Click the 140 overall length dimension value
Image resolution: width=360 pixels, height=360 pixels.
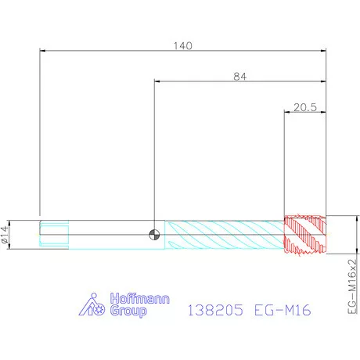(x=183, y=46)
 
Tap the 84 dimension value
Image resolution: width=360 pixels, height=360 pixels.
(x=239, y=77)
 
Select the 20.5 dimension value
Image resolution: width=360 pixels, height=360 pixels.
(x=305, y=107)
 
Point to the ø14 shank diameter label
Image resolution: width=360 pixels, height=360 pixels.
(x=5, y=235)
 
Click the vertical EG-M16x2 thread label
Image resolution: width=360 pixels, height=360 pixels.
(x=352, y=286)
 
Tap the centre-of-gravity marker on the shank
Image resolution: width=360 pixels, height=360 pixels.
(x=154, y=235)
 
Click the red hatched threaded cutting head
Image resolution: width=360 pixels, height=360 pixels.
(x=305, y=235)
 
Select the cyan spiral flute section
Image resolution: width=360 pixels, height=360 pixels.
(x=225, y=235)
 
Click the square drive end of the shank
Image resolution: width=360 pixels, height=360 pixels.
(x=54, y=235)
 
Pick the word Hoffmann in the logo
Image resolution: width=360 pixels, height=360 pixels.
(x=140, y=298)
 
